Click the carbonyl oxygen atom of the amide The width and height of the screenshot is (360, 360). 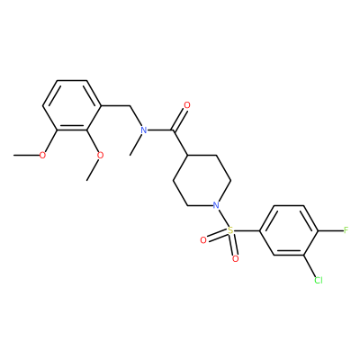(187, 105)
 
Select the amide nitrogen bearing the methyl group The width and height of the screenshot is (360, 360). (144, 130)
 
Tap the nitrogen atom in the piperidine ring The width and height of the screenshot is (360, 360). (216, 205)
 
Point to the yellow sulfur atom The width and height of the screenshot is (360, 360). (230, 230)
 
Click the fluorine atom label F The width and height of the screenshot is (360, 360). (346, 230)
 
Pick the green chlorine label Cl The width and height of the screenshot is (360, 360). (319, 280)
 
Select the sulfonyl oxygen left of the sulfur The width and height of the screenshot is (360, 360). (203, 240)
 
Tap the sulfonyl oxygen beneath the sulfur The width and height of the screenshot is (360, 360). (236, 258)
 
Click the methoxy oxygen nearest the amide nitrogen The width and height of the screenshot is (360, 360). (101, 156)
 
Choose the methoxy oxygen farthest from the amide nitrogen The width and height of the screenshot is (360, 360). (43, 156)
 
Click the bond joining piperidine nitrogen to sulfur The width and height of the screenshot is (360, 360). (223, 218)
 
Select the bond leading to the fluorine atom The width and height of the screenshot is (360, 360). (330, 230)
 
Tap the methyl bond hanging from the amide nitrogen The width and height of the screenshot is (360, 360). (137, 145)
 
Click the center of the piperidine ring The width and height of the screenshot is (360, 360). (202, 181)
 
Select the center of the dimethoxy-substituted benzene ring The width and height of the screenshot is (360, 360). (72, 105)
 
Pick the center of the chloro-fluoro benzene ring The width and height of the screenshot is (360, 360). (289, 230)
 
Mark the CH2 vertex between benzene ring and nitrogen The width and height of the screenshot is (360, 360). (130, 105)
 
